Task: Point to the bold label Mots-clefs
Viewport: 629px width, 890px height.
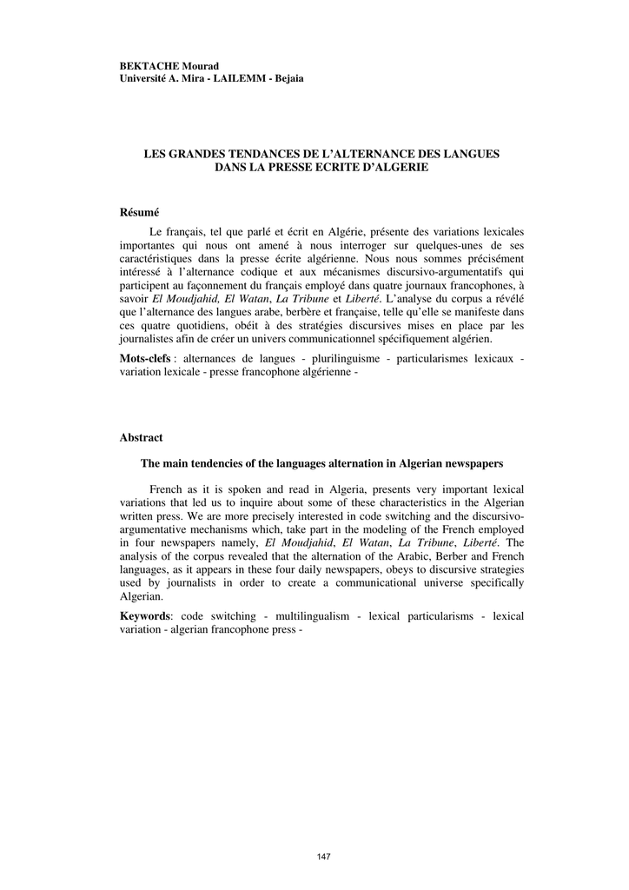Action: [x=145, y=359]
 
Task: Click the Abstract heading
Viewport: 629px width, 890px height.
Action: [x=141, y=437]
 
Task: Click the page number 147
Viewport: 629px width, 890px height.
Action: [x=323, y=856]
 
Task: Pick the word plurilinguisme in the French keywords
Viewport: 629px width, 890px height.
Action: [x=347, y=359]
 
